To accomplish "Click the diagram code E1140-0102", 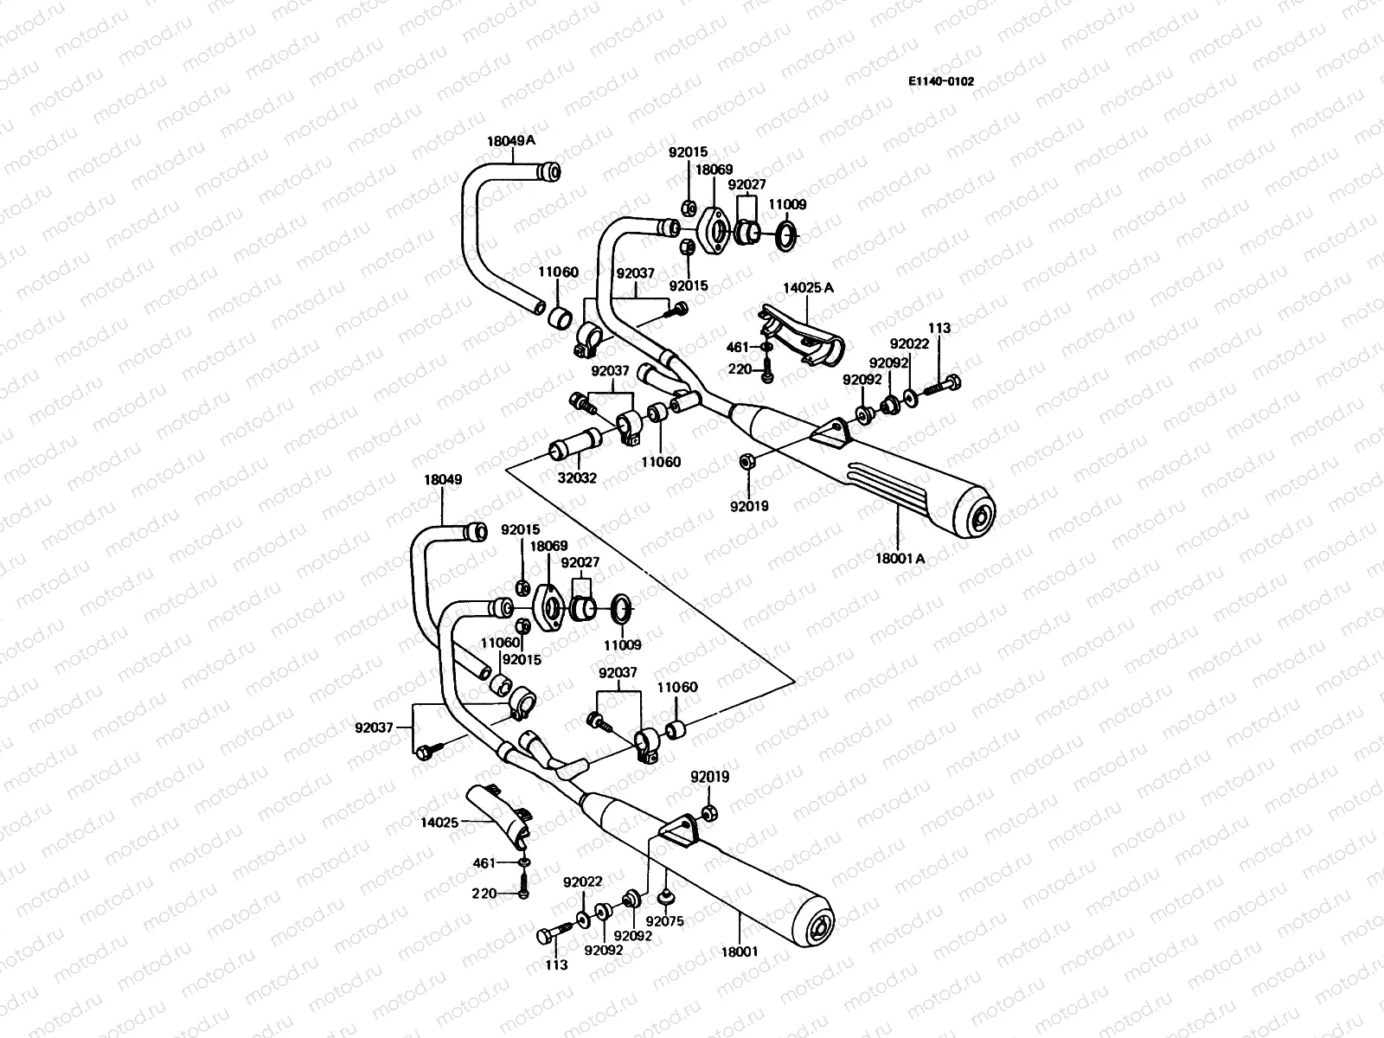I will point(940,81).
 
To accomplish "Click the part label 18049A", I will point(510,140).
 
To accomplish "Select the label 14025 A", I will point(809,287).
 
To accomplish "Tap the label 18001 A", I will point(900,559).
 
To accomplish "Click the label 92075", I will point(664,922).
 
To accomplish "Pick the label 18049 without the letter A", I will point(443,479).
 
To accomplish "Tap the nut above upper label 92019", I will point(747,461).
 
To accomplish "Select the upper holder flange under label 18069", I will point(717,233).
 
